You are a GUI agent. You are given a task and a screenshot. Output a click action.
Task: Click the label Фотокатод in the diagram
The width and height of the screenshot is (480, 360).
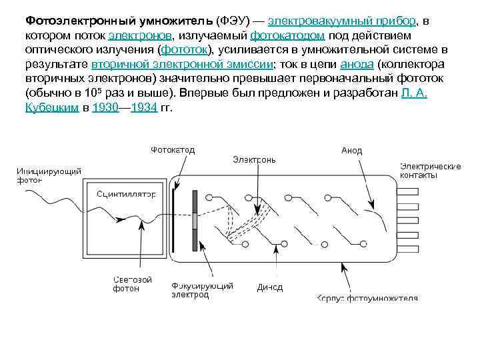172,150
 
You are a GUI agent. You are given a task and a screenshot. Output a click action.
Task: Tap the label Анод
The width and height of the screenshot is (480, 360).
351,151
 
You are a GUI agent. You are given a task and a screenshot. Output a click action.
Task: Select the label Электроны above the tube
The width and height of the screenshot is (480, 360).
254,160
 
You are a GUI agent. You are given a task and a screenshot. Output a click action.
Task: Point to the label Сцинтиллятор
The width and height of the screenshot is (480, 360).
127,194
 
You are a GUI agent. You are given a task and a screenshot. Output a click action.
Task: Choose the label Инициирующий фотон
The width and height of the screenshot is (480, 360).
49,175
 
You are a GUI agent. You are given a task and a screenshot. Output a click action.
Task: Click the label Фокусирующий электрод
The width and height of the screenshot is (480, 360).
202,290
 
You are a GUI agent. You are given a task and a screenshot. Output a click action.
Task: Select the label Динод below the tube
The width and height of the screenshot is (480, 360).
269,288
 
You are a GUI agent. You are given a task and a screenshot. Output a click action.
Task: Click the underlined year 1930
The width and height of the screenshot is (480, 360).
105,108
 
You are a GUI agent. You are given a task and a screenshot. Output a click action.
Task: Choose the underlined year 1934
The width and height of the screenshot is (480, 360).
143,108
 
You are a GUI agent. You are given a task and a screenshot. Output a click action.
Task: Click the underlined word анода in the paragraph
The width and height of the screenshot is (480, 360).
353,65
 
